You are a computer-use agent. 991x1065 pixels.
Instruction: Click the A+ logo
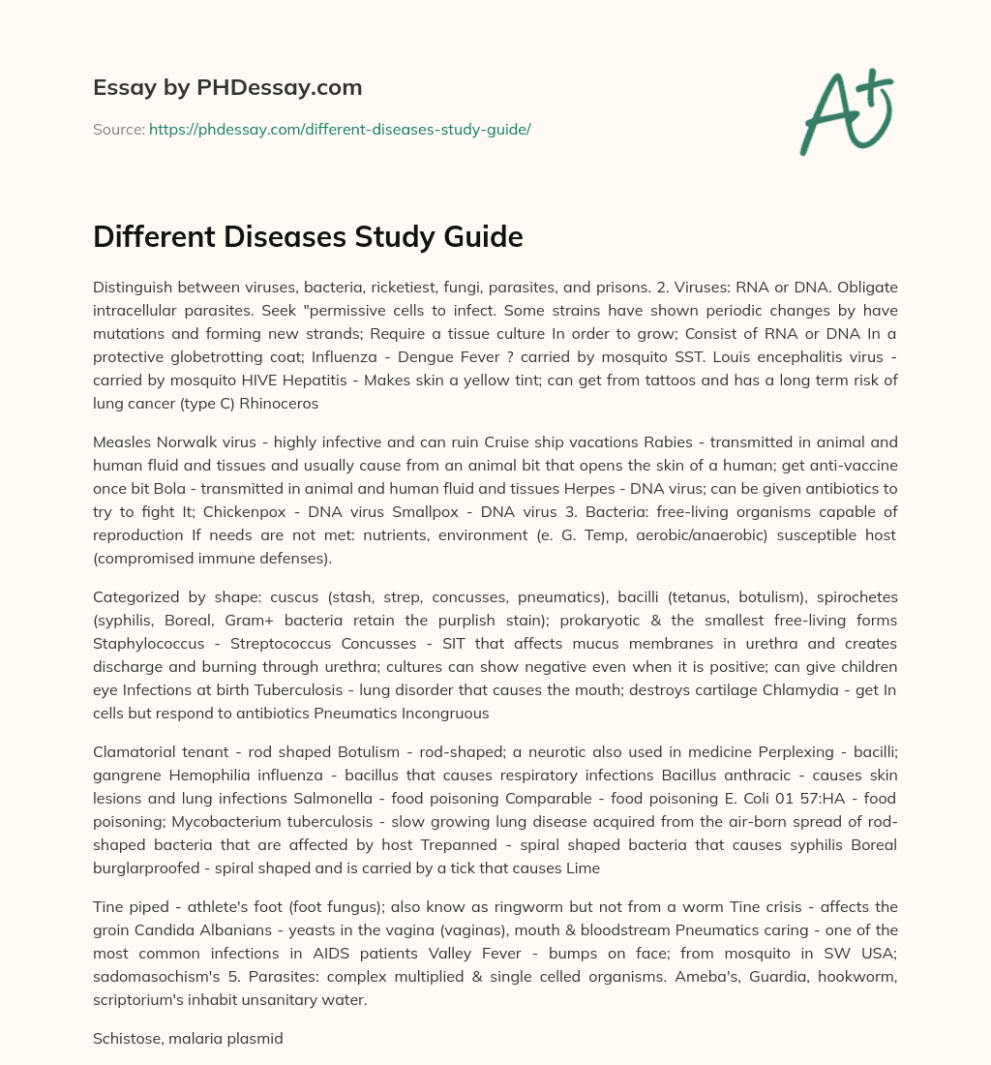point(845,112)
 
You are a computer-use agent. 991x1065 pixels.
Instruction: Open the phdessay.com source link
point(340,129)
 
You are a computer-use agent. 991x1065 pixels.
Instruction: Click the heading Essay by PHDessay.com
point(227,88)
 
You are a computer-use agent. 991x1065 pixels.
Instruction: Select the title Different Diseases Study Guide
point(308,236)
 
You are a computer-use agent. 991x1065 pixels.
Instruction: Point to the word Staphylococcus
point(144,644)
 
